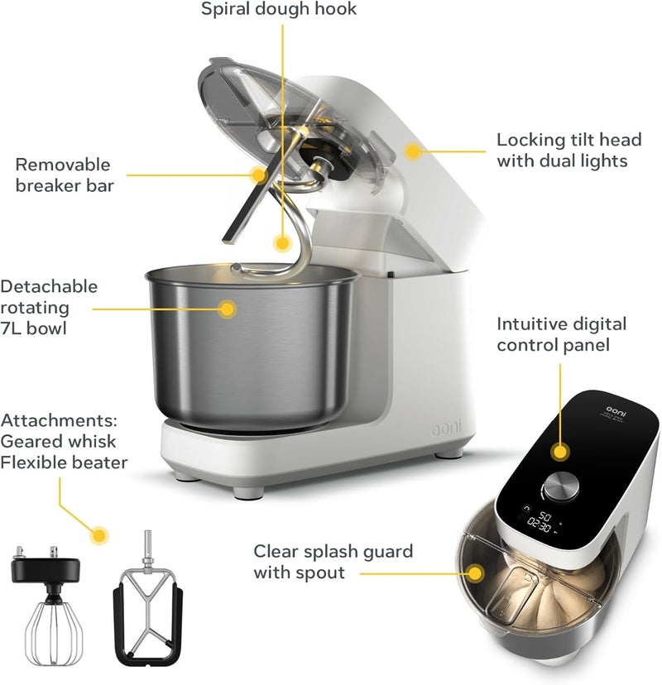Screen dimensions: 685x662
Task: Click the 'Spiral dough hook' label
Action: pyautogui.click(x=280, y=10)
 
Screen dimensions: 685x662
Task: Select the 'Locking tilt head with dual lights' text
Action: pyautogui.click(x=562, y=150)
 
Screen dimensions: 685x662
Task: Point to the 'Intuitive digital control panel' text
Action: pyautogui.click(x=562, y=333)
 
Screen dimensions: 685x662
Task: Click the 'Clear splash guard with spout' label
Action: pyautogui.click(x=333, y=561)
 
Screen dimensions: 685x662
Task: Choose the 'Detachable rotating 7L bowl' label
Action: pyautogui.click(x=50, y=307)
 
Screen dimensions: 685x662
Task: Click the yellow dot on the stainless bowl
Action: pyautogui.click(x=227, y=309)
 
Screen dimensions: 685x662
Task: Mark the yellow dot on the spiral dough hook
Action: pyautogui.click(x=282, y=244)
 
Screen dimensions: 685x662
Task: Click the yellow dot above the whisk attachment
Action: pyautogui.click(x=100, y=534)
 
